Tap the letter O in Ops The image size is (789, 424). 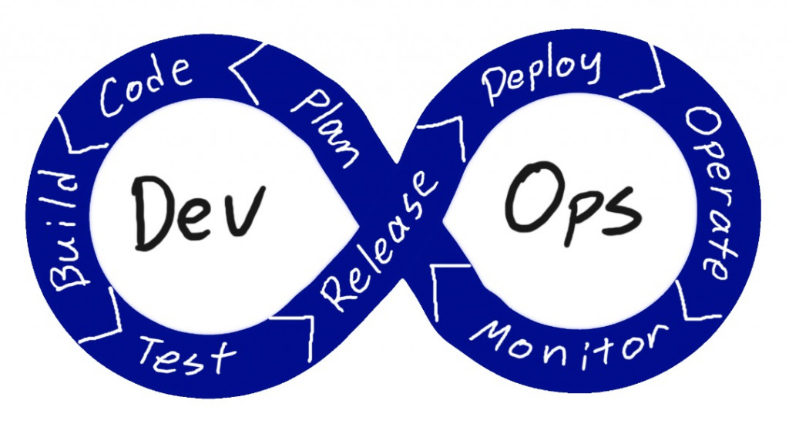tap(529, 191)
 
